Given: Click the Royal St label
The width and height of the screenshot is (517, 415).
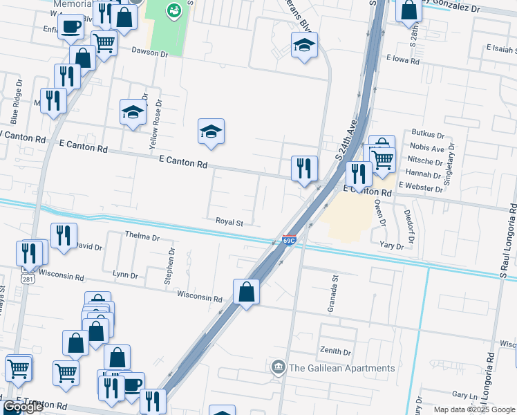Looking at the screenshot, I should (230, 223).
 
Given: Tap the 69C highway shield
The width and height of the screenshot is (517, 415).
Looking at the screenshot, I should (289, 241).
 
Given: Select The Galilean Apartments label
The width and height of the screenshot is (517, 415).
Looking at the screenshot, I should (342, 368).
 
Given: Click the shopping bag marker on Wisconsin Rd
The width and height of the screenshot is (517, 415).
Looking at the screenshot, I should (246, 292).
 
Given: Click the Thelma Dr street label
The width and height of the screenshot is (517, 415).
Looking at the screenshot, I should (142, 237).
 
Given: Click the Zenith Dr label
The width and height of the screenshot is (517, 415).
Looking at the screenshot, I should (335, 351).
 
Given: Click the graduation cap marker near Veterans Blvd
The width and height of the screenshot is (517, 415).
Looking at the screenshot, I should (304, 46).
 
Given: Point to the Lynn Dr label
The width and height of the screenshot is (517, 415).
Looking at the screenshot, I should (125, 275).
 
